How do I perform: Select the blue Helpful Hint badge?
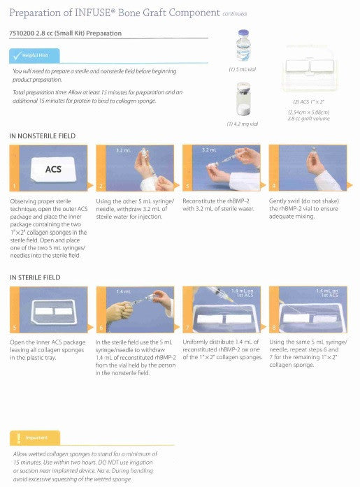click(34, 55)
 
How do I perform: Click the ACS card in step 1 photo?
click(53, 169)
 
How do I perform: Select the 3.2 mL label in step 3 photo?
click(208, 150)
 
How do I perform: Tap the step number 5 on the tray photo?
click(13, 328)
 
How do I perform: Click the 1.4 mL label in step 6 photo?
click(123, 291)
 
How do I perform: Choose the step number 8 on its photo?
click(272, 328)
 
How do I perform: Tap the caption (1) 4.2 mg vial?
click(243, 124)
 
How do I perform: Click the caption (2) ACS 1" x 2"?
click(309, 102)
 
